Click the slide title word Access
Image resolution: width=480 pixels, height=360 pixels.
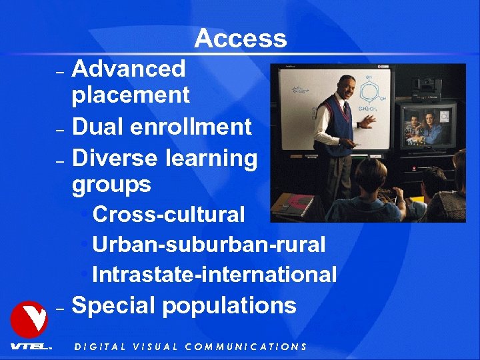tap(241, 39)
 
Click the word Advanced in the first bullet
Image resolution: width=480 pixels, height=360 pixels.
tap(128, 68)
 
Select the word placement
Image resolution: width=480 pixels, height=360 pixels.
tap(131, 95)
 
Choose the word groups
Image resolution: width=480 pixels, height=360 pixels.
tap(111, 184)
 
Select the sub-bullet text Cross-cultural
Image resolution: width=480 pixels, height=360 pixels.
tap(169, 215)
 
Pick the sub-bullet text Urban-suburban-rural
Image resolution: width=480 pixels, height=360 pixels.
tap(209, 245)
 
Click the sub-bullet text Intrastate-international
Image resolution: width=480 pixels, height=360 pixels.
tap(214, 275)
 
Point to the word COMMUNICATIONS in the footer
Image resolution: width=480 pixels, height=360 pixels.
tap(245, 347)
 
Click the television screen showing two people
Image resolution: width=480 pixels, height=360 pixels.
tap(425, 125)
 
